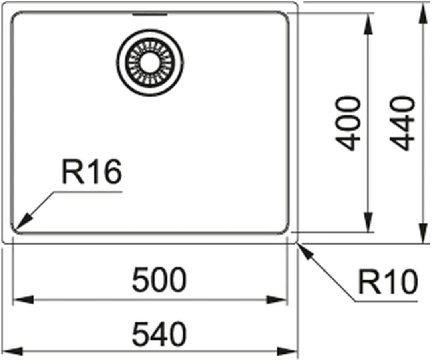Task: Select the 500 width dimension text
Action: [159, 280]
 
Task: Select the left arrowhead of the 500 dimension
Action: [22, 300]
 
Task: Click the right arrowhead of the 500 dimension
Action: [279, 300]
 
